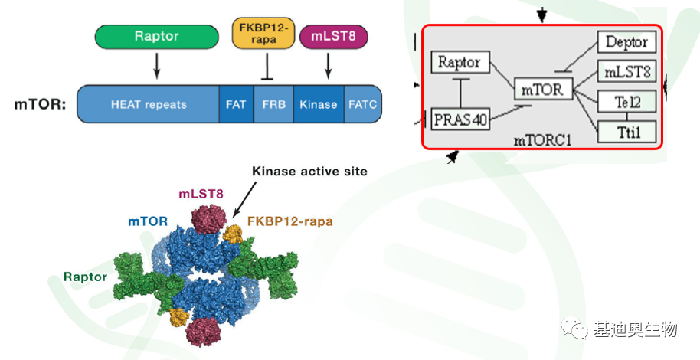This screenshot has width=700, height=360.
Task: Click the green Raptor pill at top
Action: pos(157,36)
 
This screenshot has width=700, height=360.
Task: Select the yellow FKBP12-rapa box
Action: pos(263,33)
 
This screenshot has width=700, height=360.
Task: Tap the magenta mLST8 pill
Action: pos(333,36)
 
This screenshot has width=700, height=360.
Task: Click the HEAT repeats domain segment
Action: pos(149,104)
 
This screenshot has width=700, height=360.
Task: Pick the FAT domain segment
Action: pos(236,104)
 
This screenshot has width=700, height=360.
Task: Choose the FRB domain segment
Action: pos(273,104)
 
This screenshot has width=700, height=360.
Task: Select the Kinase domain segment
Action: pos(319,104)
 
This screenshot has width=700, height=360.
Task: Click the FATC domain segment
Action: pos(362,104)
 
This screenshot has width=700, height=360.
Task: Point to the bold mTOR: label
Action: pos(40,104)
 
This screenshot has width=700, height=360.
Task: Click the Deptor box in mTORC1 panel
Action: pos(626,42)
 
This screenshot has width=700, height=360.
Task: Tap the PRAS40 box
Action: pos(461,119)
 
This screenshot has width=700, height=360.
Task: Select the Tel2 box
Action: pos(626,103)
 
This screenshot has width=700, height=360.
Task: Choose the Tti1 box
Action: pos(626,132)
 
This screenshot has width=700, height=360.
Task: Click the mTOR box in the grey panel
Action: pos(543,90)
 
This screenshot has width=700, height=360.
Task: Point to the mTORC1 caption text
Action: pos(542,140)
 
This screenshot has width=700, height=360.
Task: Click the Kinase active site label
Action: pos(310,171)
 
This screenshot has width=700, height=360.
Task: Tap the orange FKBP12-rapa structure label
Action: pos(290,221)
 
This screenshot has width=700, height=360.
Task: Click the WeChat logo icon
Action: pos(575,329)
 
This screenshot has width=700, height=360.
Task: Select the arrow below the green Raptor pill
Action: pos(156,66)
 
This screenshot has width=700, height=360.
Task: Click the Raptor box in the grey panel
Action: pos(460,62)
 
